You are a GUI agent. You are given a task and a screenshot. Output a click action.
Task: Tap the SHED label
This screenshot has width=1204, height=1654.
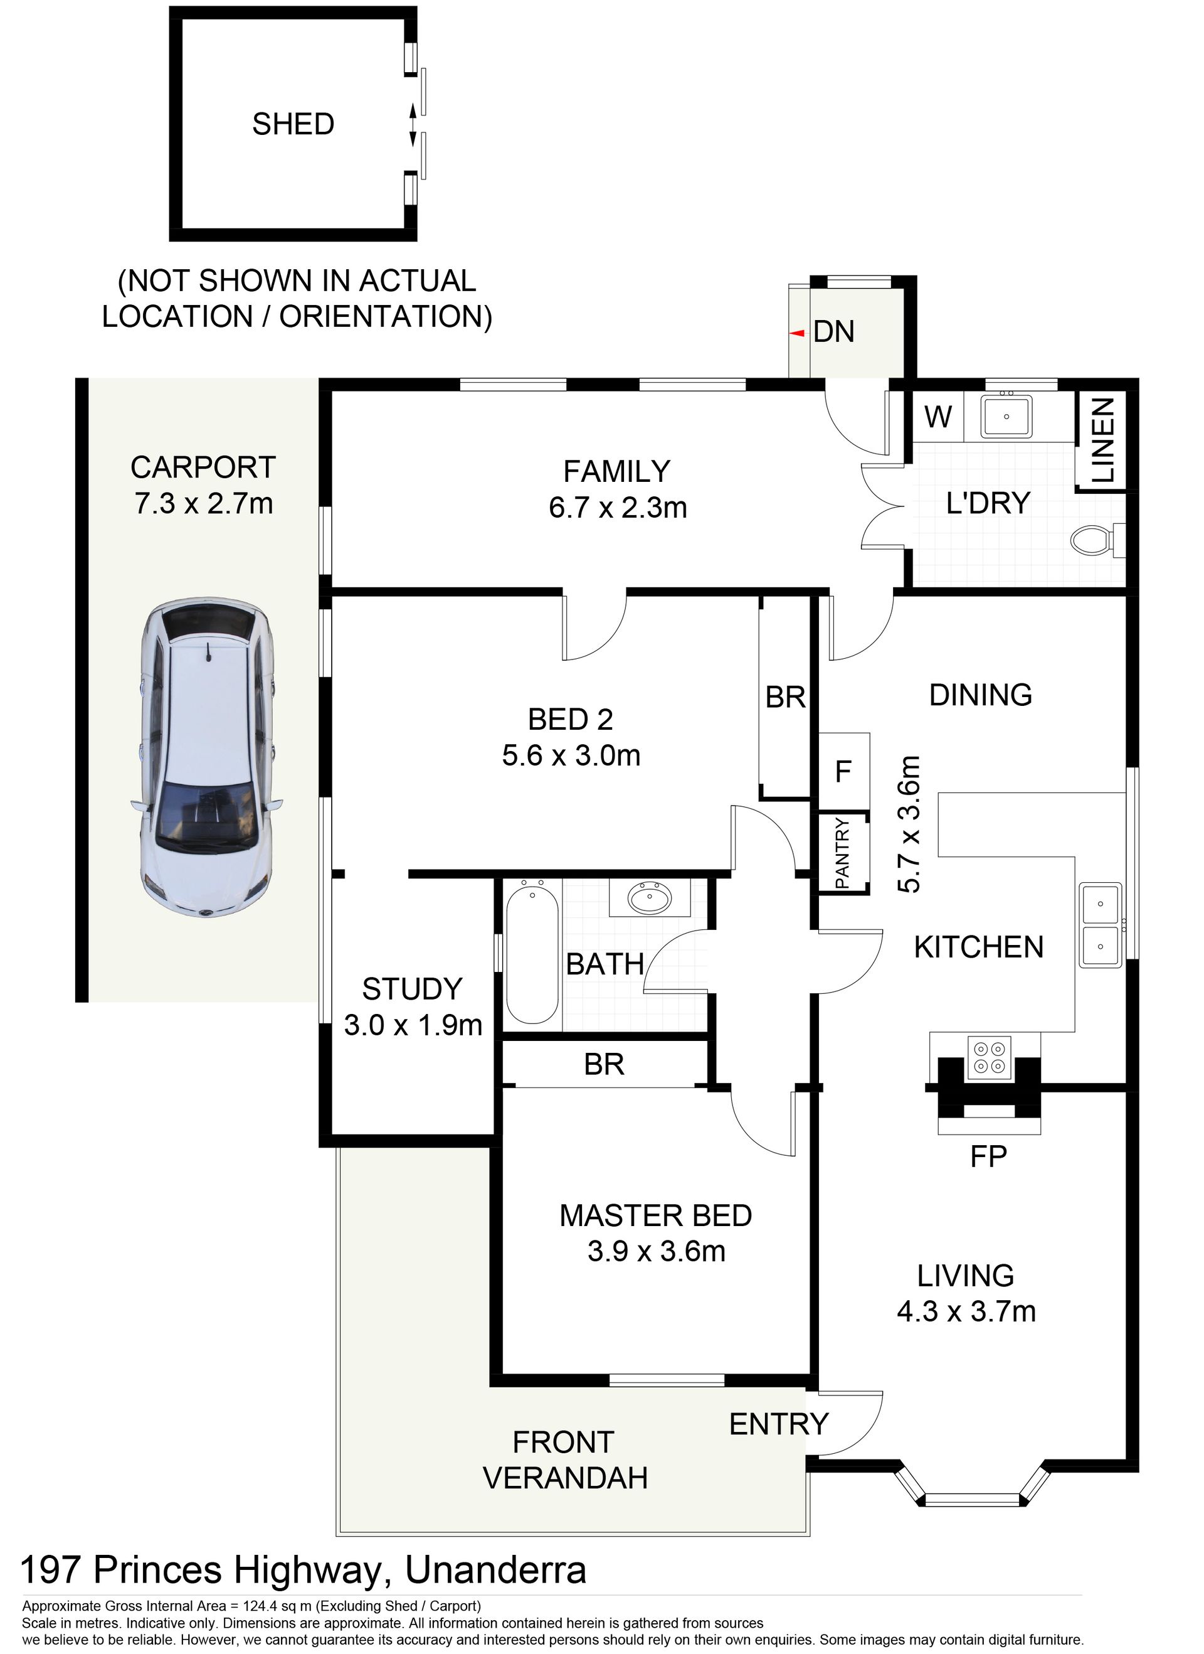pos(293,124)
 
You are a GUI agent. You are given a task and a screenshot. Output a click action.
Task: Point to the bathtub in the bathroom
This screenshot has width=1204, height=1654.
pos(533,952)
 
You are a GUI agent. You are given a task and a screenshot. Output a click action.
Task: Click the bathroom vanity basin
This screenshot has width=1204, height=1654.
pos(650,897)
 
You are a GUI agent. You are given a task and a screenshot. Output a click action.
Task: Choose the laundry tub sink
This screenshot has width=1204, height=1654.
pos(1006,417)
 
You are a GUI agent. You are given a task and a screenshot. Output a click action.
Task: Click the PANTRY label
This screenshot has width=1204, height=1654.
pos(843,853)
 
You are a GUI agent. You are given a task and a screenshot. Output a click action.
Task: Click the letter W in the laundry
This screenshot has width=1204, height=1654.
pos(938,417)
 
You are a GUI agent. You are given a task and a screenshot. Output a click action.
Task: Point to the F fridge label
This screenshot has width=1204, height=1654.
pos(843,771)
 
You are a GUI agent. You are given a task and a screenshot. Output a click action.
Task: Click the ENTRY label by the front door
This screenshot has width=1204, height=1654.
pos(779,1424)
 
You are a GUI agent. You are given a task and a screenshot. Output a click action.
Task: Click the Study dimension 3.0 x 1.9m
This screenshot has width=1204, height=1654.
pos(413,1025)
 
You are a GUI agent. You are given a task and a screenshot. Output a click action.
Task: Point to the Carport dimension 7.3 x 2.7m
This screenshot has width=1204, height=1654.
pos(203,503)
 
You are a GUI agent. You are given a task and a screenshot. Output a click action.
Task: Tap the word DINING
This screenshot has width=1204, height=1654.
pos(981,695)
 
